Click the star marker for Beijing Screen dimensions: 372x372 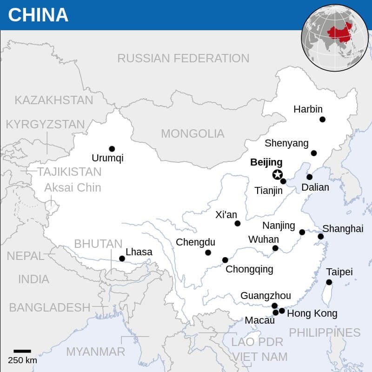point(277,175)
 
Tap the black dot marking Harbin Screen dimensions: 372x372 point(322,120)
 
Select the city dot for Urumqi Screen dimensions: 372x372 point(112,149)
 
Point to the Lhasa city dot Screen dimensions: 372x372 point(122,259)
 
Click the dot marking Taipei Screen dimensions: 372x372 point(329,282)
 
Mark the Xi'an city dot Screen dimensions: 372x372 point(238,224)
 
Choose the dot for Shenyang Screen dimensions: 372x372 point(314,153)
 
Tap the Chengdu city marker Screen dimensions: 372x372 point(208,252)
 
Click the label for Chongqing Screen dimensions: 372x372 point(249,269)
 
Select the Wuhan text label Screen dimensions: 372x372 point(263,239)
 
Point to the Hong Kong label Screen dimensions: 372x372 point(312,313)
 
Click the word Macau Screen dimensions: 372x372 point(256,320)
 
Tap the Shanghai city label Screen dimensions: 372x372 point(343,228)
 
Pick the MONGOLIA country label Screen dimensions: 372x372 point(193,134)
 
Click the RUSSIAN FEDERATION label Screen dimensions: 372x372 point(183,58)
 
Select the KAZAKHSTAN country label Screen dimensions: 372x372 point(54,100)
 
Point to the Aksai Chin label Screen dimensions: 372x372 point(73,187)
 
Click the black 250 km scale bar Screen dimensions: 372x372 point(22,351)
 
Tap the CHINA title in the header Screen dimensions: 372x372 point(38,15)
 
